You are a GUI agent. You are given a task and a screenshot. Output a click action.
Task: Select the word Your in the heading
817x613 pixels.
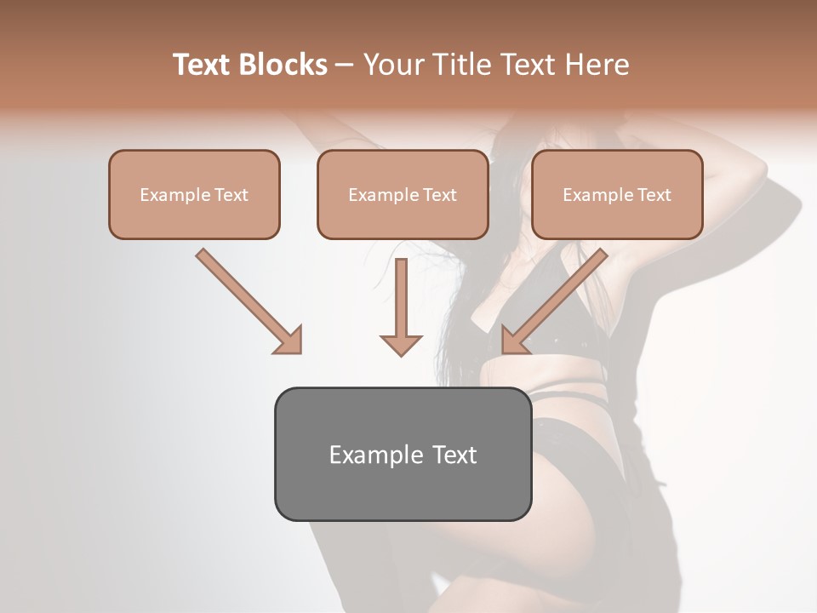(390, 65)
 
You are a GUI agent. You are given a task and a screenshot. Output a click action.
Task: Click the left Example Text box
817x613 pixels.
(194, 194)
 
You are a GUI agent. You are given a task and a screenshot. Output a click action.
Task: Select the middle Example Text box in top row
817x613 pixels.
(403, 194)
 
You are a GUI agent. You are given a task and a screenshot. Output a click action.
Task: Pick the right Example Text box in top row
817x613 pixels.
(617, 194)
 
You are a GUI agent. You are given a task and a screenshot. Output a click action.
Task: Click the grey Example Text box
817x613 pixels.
(403, 454)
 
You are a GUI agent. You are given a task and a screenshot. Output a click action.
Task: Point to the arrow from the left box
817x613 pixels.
(247, 300)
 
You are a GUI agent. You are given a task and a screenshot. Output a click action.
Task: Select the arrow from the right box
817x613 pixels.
(555, 300)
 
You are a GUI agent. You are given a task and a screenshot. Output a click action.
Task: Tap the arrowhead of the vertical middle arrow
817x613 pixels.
(401, 344)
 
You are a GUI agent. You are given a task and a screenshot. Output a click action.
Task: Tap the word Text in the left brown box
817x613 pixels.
(231, 195)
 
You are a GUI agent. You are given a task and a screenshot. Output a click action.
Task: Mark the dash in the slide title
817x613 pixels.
(345, 66)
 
